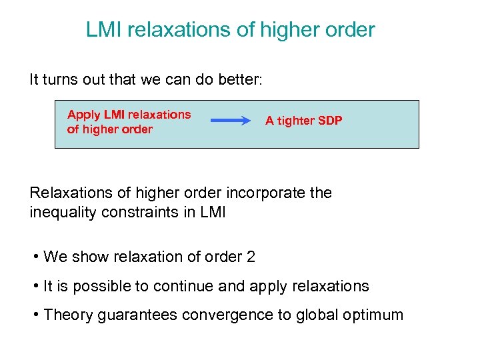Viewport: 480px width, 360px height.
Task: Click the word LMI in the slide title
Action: [x=103, y=30]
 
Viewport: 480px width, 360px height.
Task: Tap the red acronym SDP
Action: [x=331, y=121]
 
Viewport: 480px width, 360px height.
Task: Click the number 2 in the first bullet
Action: [x=251, y=257]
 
